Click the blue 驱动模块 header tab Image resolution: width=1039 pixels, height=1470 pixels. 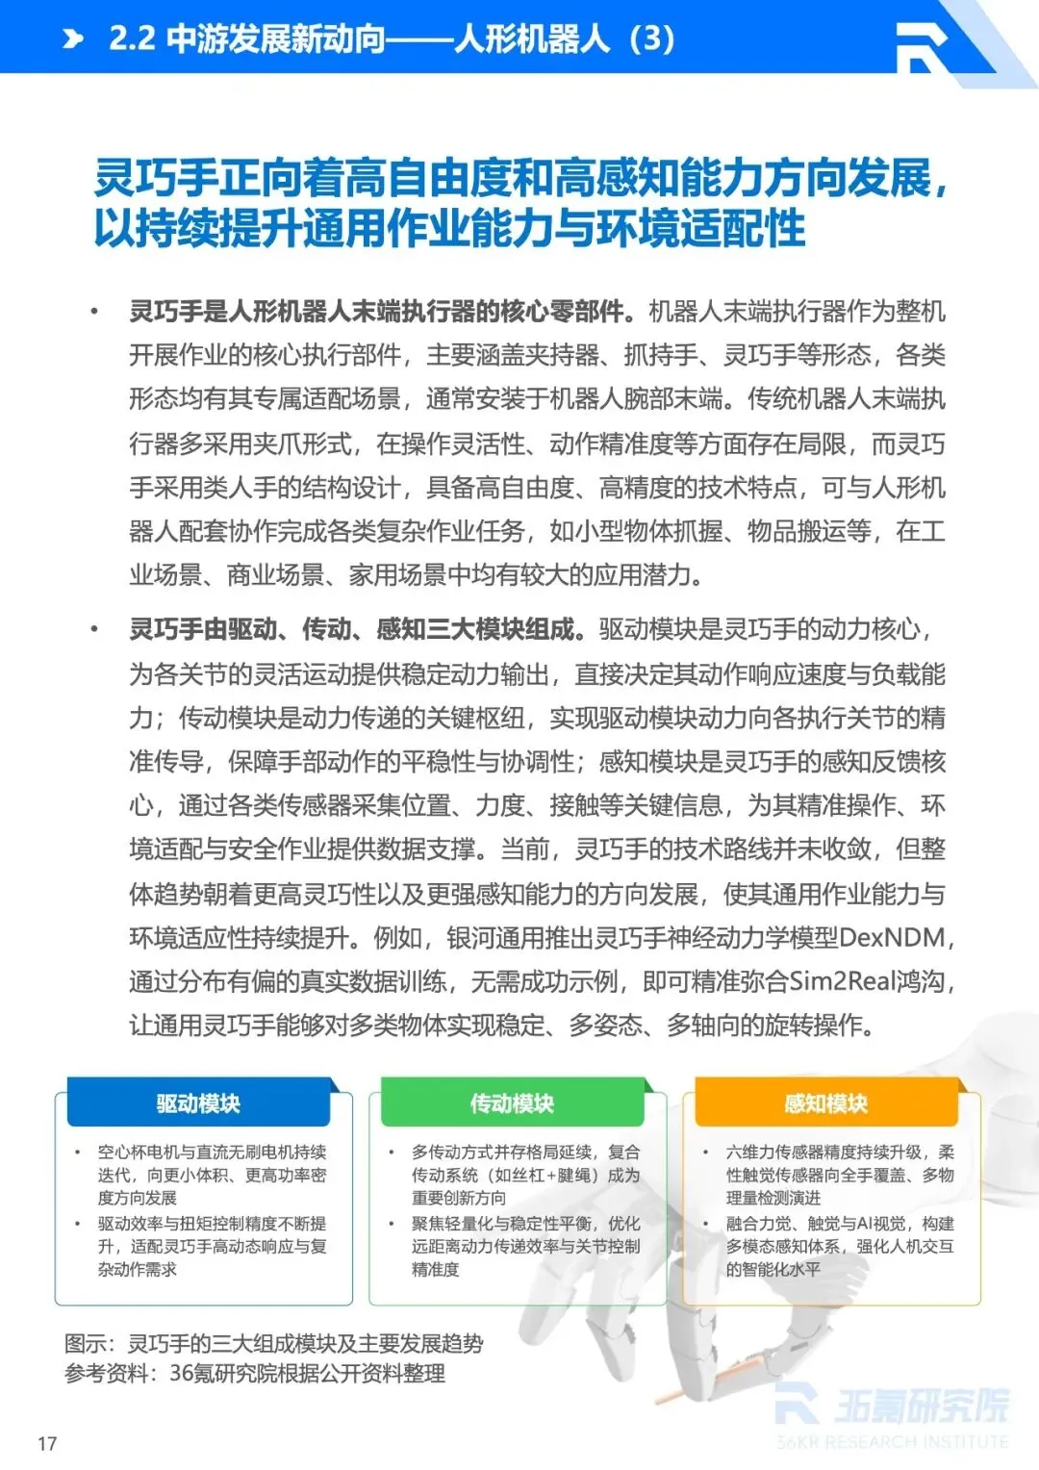[198, 1103]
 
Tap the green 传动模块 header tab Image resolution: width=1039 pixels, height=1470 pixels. [512, 1103]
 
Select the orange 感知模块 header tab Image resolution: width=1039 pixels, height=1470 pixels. [825, 1103]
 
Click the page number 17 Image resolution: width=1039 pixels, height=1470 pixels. [47, 1443]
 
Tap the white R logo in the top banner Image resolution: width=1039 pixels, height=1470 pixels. [921, 45]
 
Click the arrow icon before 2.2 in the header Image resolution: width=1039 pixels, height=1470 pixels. [73, 38]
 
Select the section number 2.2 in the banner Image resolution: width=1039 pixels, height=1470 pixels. [132, 38]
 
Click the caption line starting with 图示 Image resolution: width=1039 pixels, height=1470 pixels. [273, 1343]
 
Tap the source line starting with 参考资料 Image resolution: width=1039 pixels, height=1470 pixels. [254, 1373]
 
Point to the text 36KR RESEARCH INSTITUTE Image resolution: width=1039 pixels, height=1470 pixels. [893, 1442]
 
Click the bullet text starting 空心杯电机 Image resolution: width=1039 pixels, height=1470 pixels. [212, 1174]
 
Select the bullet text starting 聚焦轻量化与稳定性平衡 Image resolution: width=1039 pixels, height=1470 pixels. [525, 1246]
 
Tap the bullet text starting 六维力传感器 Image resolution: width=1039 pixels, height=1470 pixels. [840, 1174]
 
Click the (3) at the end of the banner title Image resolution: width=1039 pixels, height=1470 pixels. [651, 38]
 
